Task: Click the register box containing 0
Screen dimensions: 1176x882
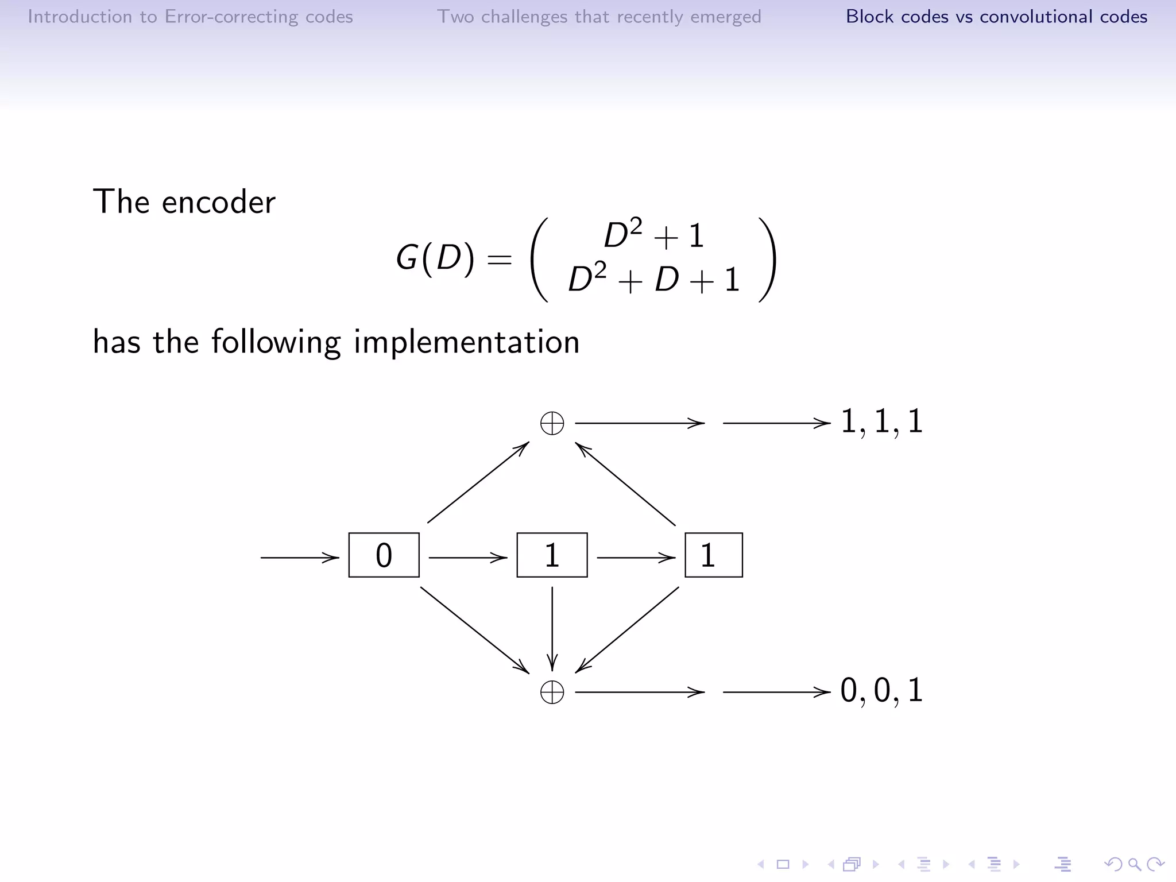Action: point(384,555)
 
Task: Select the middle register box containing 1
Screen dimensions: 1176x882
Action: point(552,555)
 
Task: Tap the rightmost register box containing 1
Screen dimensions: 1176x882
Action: point(713,555)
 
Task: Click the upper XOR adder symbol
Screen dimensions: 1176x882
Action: point(552,424)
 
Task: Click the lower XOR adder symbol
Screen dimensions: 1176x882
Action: point(552,692)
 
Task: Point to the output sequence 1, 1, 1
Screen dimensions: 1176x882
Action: point(881,421)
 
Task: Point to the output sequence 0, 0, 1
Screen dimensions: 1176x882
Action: point(881,690)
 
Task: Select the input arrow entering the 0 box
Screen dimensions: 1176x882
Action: point(299,558)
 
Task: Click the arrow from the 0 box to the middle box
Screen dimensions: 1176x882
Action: point(467,558)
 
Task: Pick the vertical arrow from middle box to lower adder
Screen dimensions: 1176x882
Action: point(552,628)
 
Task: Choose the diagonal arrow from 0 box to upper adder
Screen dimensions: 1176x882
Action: point(478,482)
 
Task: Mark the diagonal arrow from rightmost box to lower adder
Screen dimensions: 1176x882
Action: point(628,629)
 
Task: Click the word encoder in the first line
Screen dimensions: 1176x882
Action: point(218,203)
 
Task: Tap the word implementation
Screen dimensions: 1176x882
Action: point(466,342)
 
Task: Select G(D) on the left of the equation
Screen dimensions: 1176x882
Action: point(435,257)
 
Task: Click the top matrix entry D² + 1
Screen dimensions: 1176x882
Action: point(654,235)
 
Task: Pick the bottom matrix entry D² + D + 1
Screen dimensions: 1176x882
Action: point(654,280)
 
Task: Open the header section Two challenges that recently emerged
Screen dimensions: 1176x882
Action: point(599,17)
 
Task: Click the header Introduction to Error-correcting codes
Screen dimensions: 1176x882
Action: point(190,17)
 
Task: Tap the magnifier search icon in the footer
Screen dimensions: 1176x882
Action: point(1134,864)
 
